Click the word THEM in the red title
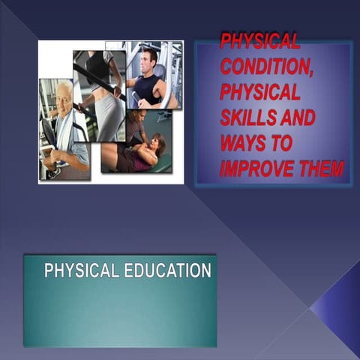coord(324,168)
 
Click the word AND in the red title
coord(295,118)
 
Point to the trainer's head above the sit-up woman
coord(136,117)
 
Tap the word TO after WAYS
coord(283,143)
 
